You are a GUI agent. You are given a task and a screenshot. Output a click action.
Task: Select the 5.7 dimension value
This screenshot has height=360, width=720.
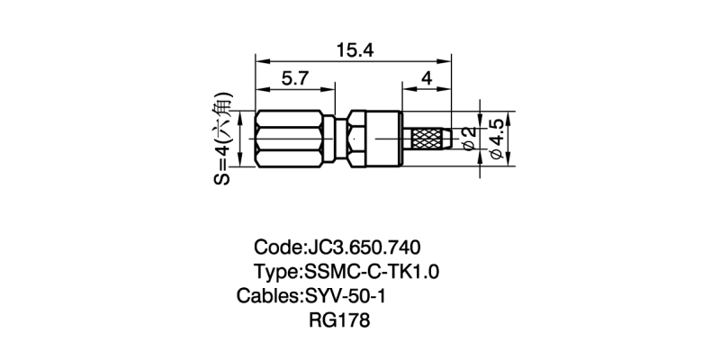tap(294, 78)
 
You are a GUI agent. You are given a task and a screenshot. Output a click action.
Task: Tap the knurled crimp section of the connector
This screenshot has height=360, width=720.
tap(429, 139)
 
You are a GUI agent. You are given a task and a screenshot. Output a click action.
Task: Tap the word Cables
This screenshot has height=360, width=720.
tap(266, 296)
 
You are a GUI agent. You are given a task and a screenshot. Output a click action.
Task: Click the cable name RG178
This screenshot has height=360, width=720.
tap(339, 319)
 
